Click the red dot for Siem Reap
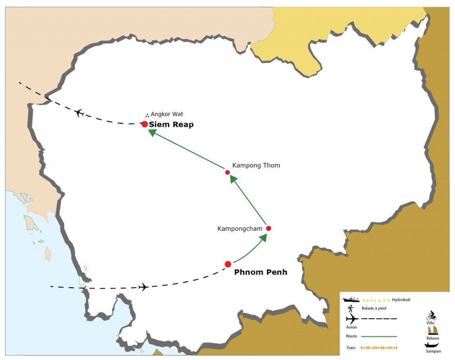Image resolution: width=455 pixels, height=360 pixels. pos(144,124)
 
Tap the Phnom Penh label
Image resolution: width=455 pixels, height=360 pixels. pos(260,272)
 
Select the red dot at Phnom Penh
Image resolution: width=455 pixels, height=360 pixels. pos(228,264)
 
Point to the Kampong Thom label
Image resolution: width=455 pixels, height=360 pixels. pos(256,166)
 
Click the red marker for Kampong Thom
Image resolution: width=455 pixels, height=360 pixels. pos(227,172)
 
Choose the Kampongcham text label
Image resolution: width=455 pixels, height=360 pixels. pos(240,229)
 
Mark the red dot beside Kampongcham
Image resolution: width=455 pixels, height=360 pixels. pos(268,228)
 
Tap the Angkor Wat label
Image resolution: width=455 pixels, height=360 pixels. pos(167,114)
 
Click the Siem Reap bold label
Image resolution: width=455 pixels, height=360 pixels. pos(171,125)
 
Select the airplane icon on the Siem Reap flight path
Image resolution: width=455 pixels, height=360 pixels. pos(79,113)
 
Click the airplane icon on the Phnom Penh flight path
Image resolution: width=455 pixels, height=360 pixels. pos(143,287)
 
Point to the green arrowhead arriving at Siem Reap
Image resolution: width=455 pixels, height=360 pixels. pos(152,133)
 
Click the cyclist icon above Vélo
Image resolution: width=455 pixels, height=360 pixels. pos(431,316)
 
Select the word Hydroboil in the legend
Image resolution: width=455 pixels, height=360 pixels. pos(401,300)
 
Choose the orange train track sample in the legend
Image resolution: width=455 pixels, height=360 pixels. pos(379,348)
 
